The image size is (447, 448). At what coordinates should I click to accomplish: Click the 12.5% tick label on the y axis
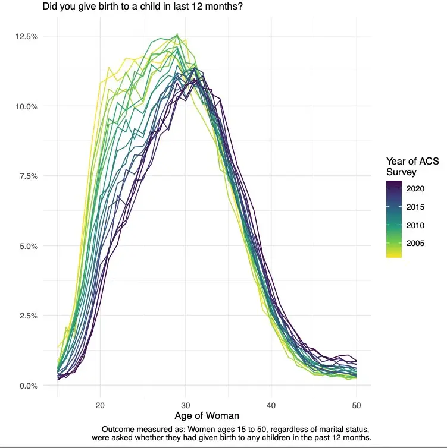pos(27,37)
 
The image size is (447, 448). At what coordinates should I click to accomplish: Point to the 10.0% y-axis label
pos(27,106)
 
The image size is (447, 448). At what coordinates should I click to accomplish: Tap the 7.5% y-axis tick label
pos(29,176)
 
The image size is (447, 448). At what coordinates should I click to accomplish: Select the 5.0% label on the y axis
pos(29,247)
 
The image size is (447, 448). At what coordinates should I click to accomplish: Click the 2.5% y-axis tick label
pos(29,316)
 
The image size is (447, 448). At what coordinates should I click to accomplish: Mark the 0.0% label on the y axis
pos(29,386)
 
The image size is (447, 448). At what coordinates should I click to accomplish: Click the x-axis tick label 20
pos(100,405)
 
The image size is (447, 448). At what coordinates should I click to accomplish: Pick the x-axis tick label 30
pos(186,405)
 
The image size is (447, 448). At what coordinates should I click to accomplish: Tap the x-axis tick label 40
pos(271,405)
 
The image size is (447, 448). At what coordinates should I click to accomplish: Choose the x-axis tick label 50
pos(357,405)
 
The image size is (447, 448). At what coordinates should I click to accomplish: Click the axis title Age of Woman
pos(207,416)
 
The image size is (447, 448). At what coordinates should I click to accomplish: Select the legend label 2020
pos(415,188)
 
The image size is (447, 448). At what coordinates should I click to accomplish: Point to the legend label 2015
pos(415,207)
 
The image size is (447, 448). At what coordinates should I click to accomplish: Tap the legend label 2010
pos(415,225)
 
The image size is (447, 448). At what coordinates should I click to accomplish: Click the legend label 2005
pos(415,244)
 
